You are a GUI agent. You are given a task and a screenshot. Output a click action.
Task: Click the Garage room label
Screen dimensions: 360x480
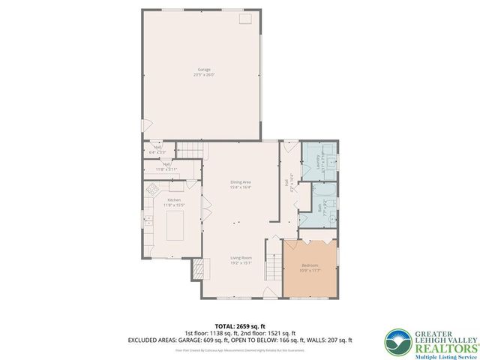tap(203, 70)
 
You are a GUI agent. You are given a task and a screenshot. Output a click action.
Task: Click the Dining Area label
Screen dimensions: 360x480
tap(240, 182)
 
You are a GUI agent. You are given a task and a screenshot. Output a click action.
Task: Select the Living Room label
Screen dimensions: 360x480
tap(240, 259)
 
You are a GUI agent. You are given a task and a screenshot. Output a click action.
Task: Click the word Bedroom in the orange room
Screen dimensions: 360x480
tap(310, 265)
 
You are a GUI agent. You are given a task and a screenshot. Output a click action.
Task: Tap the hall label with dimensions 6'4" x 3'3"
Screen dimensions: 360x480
tap(157, 148)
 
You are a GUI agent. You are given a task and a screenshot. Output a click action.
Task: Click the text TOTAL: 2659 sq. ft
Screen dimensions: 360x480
tap(239, 327)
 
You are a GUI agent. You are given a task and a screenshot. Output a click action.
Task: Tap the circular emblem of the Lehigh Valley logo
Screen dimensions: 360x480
tap(396, 341)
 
